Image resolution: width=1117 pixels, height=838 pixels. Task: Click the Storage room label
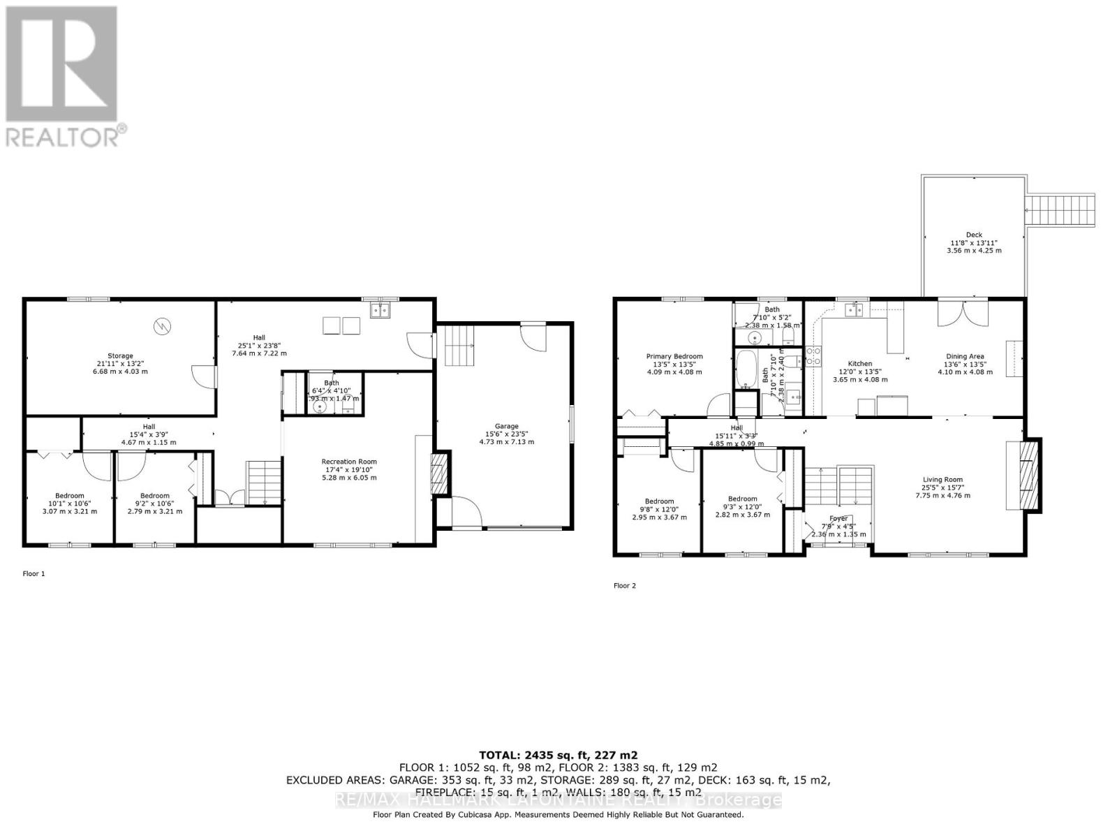point(120,356)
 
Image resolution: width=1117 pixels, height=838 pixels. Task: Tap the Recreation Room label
point(349,462)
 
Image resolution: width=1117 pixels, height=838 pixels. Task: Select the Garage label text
point(507,426)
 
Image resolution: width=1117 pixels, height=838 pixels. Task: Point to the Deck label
point(974,235)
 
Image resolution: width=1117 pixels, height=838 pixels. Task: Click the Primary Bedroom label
point(674,356)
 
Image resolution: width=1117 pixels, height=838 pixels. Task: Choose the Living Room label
point(942,480)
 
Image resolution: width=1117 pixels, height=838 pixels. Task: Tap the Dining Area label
point(965,356)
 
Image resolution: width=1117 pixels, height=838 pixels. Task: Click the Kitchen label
point(859,364)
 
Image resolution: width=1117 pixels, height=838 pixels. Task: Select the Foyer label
point(838,519)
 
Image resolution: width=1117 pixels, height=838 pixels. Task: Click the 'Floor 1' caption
point(34,574)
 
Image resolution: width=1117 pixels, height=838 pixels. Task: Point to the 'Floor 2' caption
point(625,586)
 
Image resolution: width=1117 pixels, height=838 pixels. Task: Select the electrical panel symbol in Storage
point(162,325)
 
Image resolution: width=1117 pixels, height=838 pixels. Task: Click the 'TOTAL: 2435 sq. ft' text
point(558,755)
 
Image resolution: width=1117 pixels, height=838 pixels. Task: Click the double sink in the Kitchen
point(853,309)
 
